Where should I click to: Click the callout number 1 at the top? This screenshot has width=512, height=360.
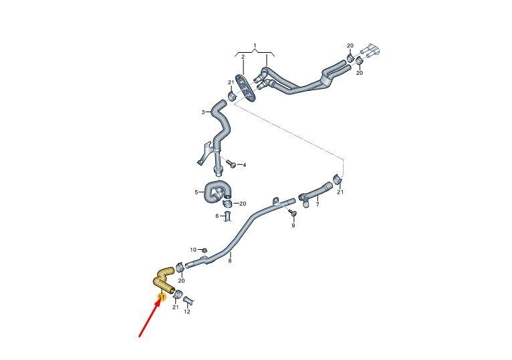pyautogui.click(x=255, y=45)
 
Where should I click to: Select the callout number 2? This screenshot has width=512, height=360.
pyautogui.click(x=243, y=57)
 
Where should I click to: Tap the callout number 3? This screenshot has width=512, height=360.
pyautogui.click(x=203, y=112)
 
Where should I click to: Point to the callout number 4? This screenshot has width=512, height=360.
pyautogui.click(x=244, y=165)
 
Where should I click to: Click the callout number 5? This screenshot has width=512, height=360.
pyautogui.click(x=197, y=192)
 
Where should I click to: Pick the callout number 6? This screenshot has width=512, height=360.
pyautogui.click(x=217, y=216)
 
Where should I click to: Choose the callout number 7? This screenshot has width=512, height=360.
pyautogui.click(x=317, y=204)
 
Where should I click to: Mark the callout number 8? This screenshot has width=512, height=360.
pyautogui.click(x=230, y=260)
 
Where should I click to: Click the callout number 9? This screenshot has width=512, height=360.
pyautogui.click(x=293, y=226)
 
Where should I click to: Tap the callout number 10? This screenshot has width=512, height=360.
pyautogui.click(x=193, y=250)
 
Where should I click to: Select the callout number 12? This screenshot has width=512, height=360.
pyautogui.click(x=186, y=312)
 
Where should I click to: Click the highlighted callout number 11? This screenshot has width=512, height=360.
pyautogui.click(x=162, y=297)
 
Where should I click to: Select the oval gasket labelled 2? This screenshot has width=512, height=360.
pyautogui.click(x=247, y=87)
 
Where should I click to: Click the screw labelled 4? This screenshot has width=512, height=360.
pyautogui.click(x=231, y=164)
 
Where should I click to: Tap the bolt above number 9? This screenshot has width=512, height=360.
pyautogui.click(x=292, y=213)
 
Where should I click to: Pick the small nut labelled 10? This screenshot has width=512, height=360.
pyautogui.click(x=204, y=250)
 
